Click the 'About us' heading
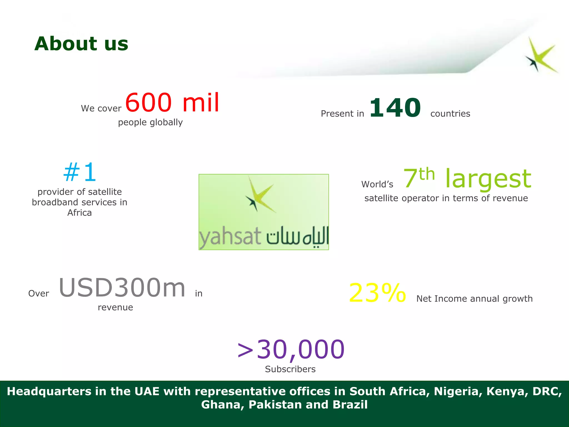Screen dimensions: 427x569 click(x=81, y=44)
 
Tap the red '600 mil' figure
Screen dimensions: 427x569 click(x=172, y=103)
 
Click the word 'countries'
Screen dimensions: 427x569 click(x=450, y=114)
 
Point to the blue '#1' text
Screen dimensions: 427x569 click(x=80, y=173)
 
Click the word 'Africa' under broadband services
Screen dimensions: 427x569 click(x=79, y=213)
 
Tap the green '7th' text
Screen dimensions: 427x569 click(x=418, y=178)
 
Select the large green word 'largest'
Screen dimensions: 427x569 click(x=488, y=179)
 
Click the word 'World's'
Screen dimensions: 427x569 click(x=377, y=184)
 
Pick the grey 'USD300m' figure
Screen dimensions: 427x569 click(x=122, y=288)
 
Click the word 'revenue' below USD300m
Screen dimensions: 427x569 click(x=115, y=307)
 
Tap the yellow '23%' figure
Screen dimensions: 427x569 click(x=377, y=293)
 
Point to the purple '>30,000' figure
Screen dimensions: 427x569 click(x=291, y=349)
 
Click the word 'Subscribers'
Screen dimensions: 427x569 click(x=290, y=369)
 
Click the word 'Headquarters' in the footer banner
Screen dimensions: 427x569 click(x=49, y=391)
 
